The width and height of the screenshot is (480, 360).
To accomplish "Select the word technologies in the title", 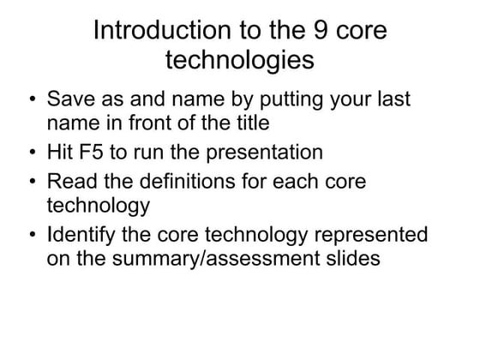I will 239,61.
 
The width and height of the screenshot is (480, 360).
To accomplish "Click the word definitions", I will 189,183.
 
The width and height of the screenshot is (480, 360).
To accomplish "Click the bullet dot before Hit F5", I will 32,154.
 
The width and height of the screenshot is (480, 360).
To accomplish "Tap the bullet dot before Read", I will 32,183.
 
